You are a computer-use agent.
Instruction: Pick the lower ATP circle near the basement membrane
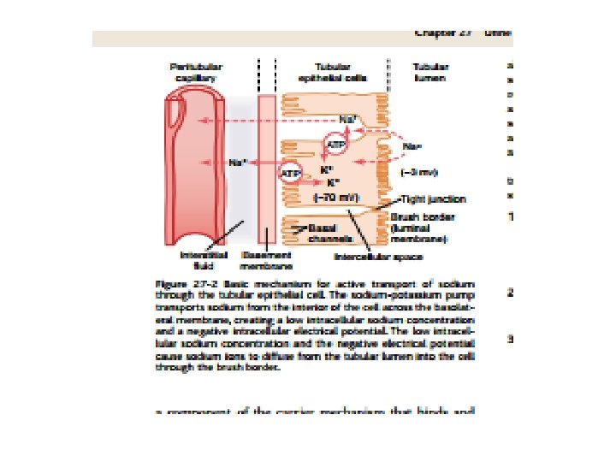coord(291,174)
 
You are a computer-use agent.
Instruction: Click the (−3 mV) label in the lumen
coord(419,173)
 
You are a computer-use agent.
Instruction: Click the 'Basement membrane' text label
coord(266,259)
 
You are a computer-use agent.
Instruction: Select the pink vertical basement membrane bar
coord(267,171)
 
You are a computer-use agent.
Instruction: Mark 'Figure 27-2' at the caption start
coord(182,282)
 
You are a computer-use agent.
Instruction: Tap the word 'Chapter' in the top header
coord(434,33)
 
